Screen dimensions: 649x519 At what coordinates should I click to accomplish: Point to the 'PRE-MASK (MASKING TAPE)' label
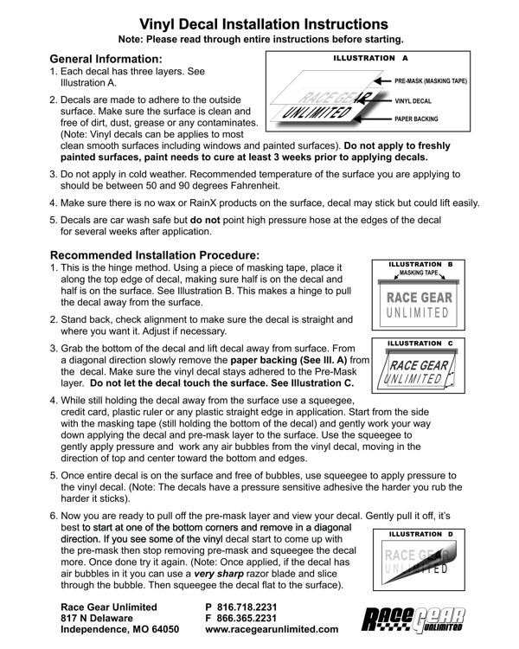(431, 80)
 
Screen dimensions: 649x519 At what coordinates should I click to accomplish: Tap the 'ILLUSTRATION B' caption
(426, 262)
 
